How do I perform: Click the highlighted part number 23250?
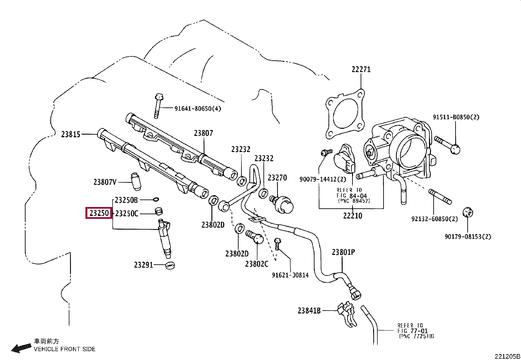(x=99, y=213)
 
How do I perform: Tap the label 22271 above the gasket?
(x=361, y=69)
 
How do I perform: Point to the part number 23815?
(x=71, y=134)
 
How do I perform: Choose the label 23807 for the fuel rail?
(x=203, y=133)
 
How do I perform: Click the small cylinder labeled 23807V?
(x=135, y=180)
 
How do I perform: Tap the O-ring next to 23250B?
(x=156, y=199)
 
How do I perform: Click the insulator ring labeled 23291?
(x=170, y=265)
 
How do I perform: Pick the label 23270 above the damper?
(x=277, y=178)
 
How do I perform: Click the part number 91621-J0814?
(x=290, y=275)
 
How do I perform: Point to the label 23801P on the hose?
(x=343, y=252)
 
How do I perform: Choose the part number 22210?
(x=352, y=216)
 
